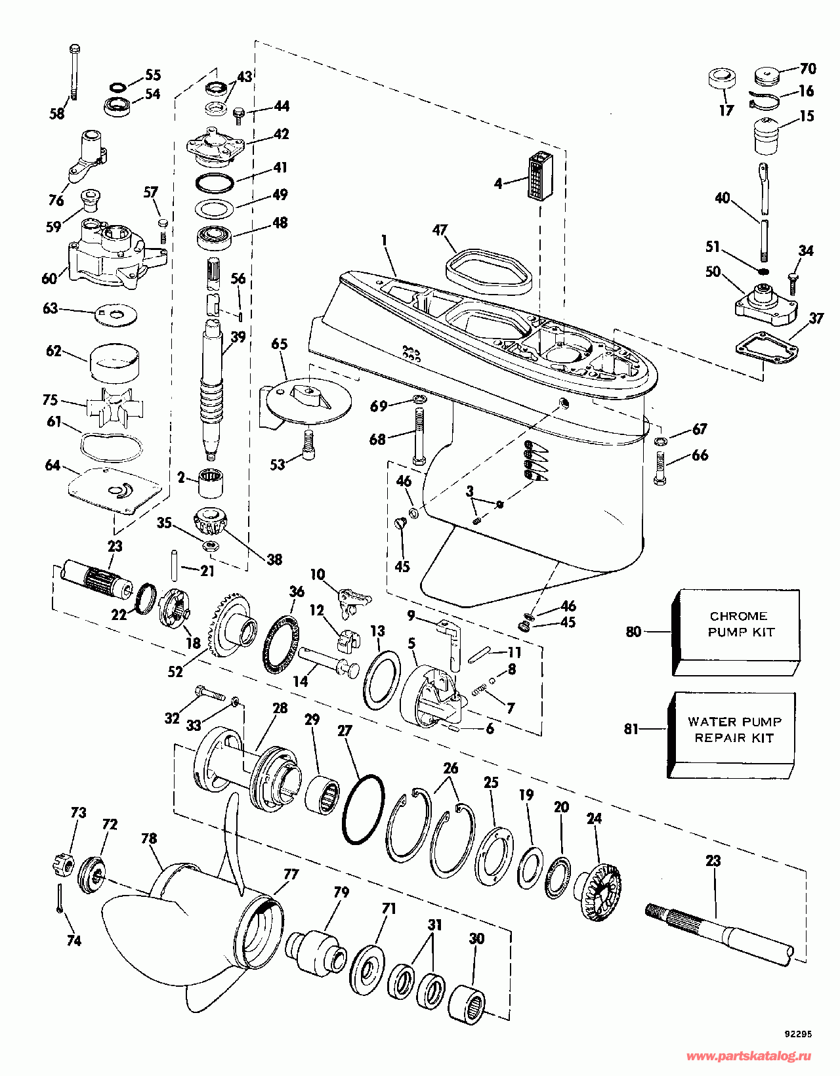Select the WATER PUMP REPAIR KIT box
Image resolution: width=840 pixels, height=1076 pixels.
pos(734,735)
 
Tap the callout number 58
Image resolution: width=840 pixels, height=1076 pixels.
pos(58,114)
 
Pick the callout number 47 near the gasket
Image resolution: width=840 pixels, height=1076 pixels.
pos(440,230)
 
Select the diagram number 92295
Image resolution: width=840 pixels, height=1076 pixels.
pos(798,1034)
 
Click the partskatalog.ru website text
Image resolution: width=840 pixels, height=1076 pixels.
pos(748,1056)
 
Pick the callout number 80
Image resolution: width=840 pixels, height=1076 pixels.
pos(633,631)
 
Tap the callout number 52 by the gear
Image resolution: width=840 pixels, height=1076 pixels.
pos(175,672)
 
